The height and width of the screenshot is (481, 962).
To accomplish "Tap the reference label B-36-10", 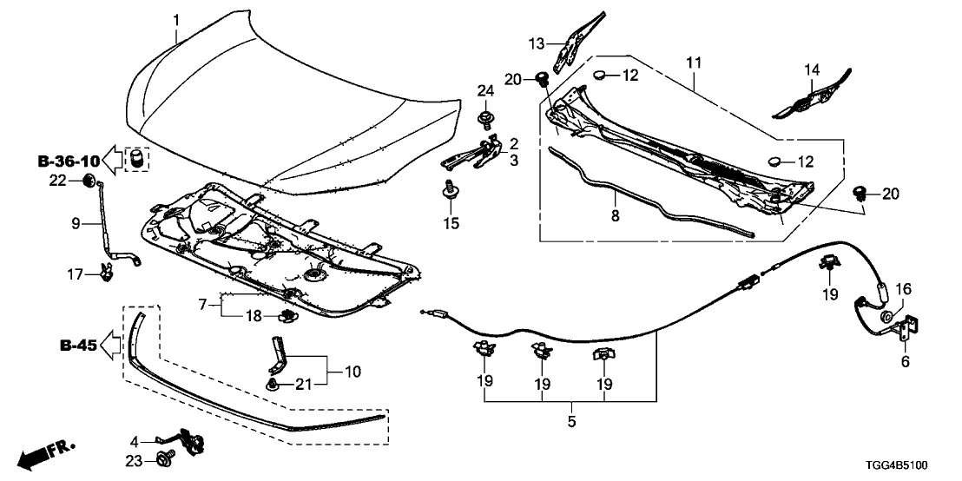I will (69, 161).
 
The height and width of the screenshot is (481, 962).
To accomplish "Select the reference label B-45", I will (77, 346).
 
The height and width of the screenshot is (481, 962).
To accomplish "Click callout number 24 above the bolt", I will (484, 90).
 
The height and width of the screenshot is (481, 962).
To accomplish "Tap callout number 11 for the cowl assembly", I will (693, 63).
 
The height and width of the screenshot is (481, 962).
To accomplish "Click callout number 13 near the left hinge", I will (537, 43).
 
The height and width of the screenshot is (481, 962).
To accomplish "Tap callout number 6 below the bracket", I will (905, 362).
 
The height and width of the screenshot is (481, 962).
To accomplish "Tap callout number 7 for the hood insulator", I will (203, 304).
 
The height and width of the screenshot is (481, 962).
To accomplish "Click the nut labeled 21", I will (274, 383).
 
